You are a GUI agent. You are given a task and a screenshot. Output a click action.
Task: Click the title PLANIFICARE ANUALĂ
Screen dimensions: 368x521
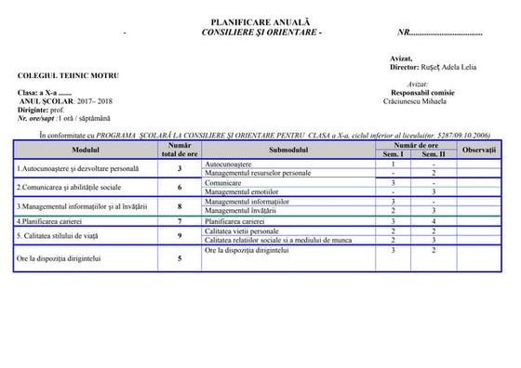pos(260,21)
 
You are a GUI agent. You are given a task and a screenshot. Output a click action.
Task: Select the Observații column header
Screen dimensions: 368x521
pos(479,149)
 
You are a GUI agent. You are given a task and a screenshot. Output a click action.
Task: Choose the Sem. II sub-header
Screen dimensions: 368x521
pos(434,153)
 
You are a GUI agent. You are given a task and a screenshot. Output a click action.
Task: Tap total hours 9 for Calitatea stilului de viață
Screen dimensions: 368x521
pos(180,236)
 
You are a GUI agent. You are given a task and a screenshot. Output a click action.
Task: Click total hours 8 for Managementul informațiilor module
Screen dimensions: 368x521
pos(180,205)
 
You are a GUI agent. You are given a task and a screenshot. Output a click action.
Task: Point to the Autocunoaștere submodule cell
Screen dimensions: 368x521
pos(228,164)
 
